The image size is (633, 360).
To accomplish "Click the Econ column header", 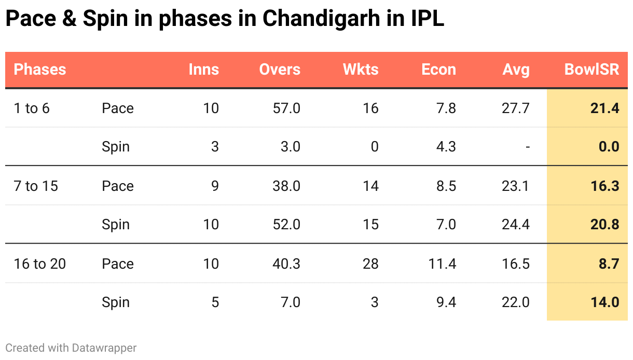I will point(438,70).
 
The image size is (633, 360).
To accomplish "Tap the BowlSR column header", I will point(591,70).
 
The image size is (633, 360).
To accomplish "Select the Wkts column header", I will point(361,70).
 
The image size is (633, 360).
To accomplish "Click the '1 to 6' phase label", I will point(32,108).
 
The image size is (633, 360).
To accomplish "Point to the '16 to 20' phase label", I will point(40,264).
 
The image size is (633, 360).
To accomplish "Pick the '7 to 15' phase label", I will point(36,186).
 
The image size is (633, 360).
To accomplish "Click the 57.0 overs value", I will point(286,108).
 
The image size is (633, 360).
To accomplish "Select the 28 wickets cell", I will point(370,264).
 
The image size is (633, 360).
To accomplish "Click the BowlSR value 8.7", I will point(609,264).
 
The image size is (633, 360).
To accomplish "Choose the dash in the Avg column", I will point(527,147).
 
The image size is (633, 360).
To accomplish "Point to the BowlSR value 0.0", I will point(609,147).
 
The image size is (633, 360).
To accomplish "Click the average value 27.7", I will point(516,108).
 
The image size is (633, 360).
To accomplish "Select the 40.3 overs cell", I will point(286,264).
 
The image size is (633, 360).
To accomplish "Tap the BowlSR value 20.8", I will point(604,225).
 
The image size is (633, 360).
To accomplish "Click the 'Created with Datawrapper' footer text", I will point(71,348).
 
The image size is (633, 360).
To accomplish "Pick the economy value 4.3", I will point(446,147).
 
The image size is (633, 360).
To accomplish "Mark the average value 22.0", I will point(516,303).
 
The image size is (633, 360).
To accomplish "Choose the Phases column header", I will point(40,70).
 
